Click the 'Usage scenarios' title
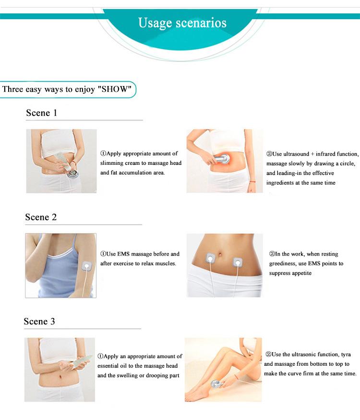[x=182, y=23]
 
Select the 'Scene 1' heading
[x=41, y=113]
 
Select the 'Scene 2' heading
[x=41, y=217]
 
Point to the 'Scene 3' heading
[x=39, y=321]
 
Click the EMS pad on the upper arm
[x=87, y=267]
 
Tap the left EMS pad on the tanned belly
[x=211, y=258]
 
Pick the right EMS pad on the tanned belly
[x=237, y=262]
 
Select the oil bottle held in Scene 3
[x=81, y=361]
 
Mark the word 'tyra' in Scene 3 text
[x=346, y=355]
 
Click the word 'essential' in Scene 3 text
[x=108, y=366]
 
